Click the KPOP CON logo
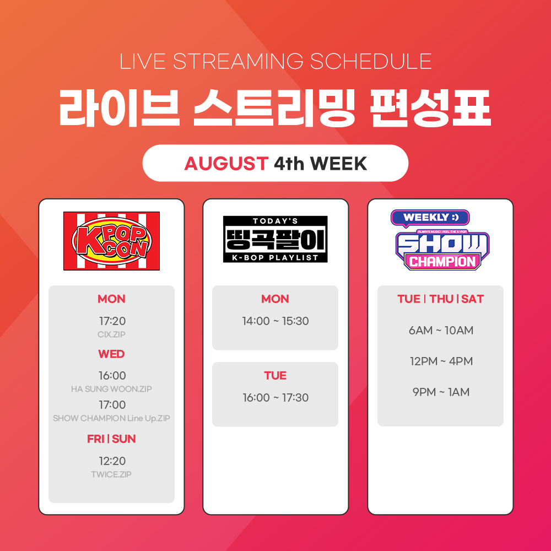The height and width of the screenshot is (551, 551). [x=111, y=241]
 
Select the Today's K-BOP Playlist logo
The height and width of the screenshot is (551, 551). [x=275, y=239]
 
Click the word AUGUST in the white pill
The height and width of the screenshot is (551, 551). [x=226, y=164]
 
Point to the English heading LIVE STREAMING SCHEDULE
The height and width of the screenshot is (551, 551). [x=275, y=61]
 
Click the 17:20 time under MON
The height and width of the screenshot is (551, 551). [x=112, y=321]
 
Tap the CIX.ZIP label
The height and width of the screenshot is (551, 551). [x=112, y=334]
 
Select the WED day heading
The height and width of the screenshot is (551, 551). [x=112, y=354]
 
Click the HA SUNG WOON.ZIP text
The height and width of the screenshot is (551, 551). [x=112, y=389]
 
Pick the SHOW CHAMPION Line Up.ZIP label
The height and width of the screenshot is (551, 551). [x=112, y=418]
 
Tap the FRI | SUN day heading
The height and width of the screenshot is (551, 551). [x=112, y=439]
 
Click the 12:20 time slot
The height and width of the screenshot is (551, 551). [x=112, y=461]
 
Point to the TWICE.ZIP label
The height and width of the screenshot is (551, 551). [x=112, y=474]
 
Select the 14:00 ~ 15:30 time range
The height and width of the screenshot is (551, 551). [x=275, y=321]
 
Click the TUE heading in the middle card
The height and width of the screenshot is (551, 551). [x=275, y=376]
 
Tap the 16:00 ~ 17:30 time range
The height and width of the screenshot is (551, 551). [x=275, y=398]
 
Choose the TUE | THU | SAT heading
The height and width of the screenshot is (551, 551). [x=440, y=299]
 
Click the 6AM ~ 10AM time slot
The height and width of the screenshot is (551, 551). [x=441, y=331]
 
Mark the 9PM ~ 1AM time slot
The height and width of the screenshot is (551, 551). [x=441, y=392]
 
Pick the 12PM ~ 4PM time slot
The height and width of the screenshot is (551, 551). [x=441, y=361]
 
